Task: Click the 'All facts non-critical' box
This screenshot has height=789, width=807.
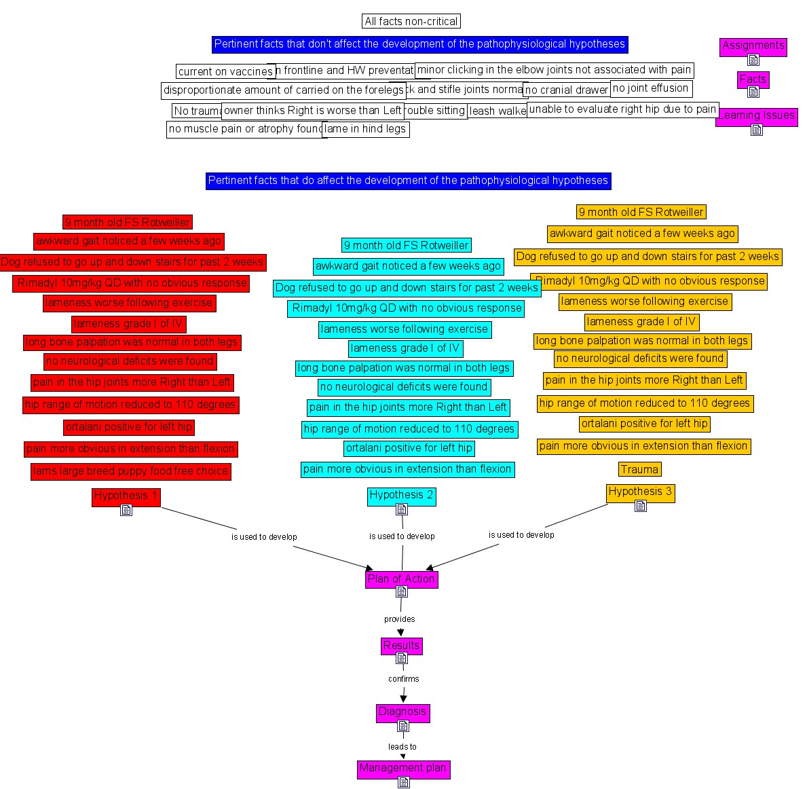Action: (x=411, y=22)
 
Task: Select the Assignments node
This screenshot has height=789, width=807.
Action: (x=753, y=45)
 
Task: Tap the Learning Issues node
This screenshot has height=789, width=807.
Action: (x=756, y=115)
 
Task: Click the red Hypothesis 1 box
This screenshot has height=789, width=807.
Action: (x=126, y=496)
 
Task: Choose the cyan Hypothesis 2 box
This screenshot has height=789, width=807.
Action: (x=401, y=495)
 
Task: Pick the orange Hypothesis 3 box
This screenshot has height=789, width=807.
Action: (x=640, y=492)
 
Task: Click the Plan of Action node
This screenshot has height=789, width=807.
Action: (x=401, y=579)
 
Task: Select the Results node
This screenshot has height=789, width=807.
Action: (x=401, y=646)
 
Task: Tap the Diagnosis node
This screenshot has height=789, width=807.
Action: (x=402, y=712)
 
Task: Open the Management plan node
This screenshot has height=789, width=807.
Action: (x=402, y=768)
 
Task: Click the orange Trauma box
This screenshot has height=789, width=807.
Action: (x=639, y=469)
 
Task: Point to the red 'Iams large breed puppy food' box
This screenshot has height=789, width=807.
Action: (x=130, y=471)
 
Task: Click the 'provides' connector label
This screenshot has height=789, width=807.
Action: (x=399, y=619)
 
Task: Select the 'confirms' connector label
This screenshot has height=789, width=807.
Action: (x=403, y=679)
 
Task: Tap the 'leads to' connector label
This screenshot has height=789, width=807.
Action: (x=402, y=747)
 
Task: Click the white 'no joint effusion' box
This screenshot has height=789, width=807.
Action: (x=650, y=88)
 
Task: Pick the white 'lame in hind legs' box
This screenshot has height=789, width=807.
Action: (x=367, y=129)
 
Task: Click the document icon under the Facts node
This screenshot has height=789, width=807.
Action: (x=753, y=92)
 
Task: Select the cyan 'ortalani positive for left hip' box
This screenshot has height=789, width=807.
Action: (x=409, y=448)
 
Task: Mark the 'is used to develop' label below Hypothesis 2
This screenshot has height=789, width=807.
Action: (x=402, y=536)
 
